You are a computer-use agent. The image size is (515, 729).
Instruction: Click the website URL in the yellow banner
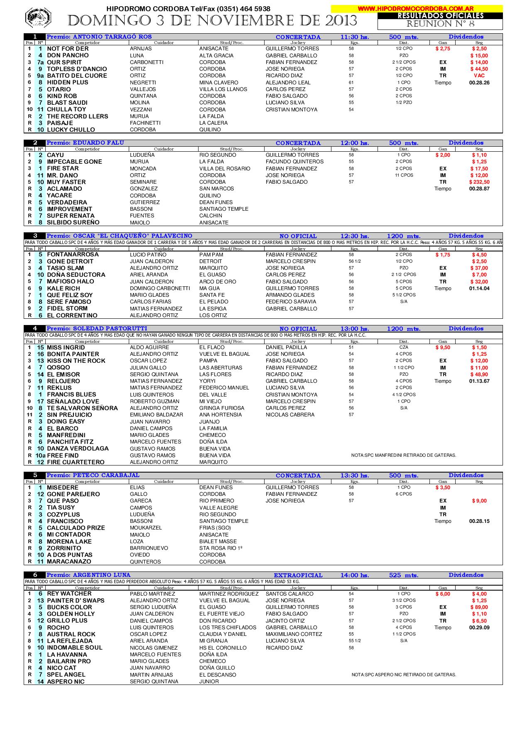(415, 8)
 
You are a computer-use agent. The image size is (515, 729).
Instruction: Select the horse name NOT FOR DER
(68, 49)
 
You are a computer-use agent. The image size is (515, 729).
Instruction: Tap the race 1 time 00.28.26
(479, 83)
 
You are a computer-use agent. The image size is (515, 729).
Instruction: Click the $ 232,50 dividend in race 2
(479, 182)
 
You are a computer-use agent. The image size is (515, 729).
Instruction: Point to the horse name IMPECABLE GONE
(74, 162)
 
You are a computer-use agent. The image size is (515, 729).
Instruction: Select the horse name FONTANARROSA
(73, 254)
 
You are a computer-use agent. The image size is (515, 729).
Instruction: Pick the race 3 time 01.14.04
(479, 288)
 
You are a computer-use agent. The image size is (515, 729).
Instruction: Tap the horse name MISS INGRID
(66, 347)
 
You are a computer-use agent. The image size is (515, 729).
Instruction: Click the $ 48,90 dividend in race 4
(479, 374)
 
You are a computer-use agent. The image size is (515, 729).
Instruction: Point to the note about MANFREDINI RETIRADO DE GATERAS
(404, 456)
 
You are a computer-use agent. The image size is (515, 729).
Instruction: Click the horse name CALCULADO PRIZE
(76, 528)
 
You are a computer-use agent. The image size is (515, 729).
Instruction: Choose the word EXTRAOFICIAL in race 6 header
(298, 576)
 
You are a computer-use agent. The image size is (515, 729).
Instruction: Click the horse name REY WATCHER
(69, 594)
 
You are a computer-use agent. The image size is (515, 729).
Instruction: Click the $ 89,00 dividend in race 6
(479, 607)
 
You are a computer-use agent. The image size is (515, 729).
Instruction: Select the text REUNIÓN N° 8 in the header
(440, 24)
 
